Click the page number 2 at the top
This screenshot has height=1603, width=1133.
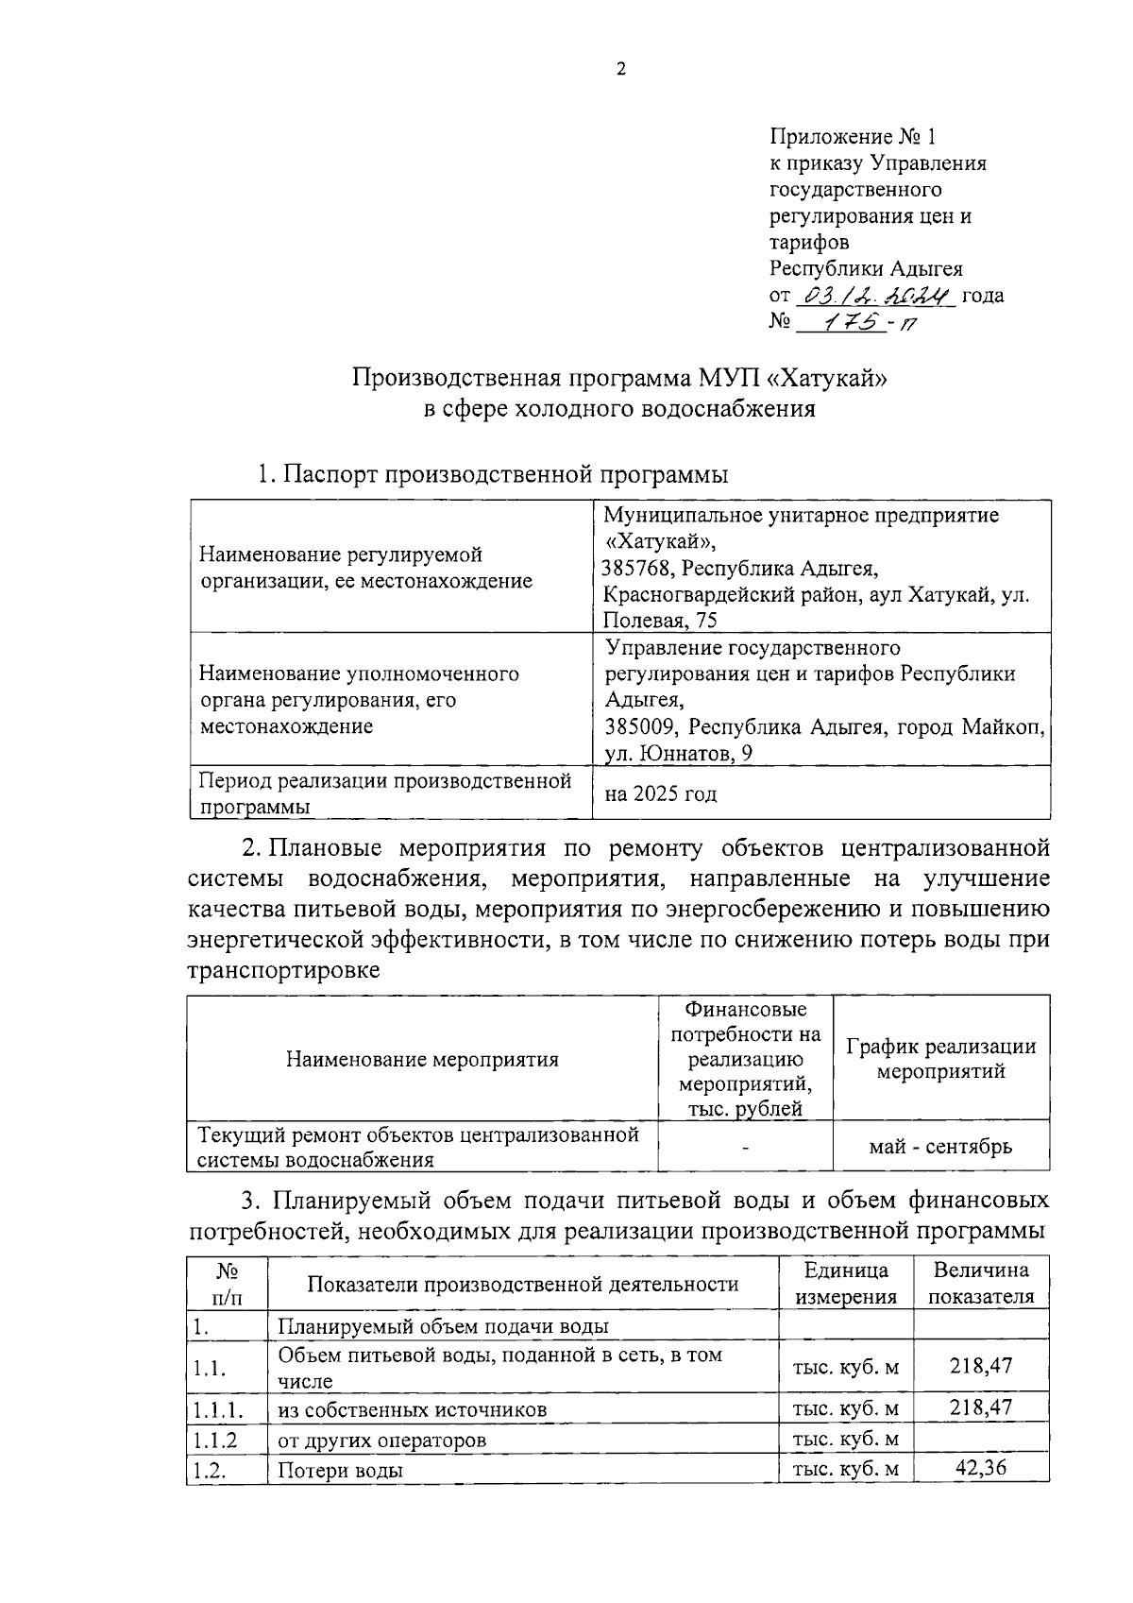click(x=620, y=69)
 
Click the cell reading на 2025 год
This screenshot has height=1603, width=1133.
click(x=661, y=793)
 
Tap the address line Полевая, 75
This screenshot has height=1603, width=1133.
click(x=661, y=621)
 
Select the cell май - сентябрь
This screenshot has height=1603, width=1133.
click(x=940, y=1147)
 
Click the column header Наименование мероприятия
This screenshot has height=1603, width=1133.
click(x=422, y=1059)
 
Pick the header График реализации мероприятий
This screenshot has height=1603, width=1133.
click(x=940, y=1059)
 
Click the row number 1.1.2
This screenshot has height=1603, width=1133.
click(x=214, y=1441)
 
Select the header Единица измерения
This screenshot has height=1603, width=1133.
click(x=845, y=1283)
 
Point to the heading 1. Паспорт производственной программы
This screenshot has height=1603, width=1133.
click(x=493, y=474)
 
